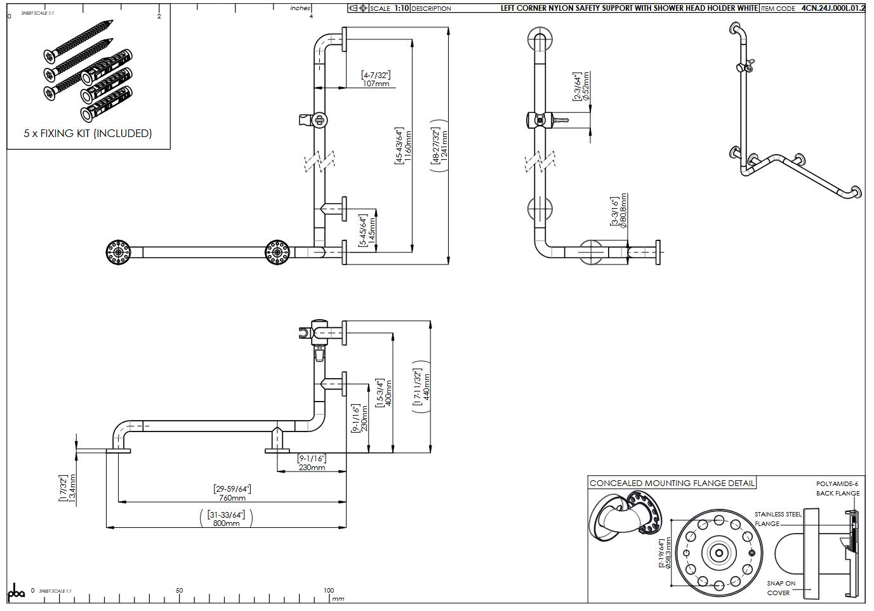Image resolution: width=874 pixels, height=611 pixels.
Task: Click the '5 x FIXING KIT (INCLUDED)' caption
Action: click(x=88, y=133)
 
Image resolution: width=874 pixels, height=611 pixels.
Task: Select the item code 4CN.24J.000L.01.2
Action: click(x=833, y=8)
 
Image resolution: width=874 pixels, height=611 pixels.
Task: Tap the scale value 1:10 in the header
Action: click(x=402, y=8)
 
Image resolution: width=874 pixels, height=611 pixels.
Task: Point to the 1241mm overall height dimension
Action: click(x=444, y=146)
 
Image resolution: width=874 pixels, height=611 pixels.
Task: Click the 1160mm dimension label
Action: click(x=408, y=146)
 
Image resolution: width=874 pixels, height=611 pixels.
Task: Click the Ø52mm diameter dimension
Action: click(x=585, y=86)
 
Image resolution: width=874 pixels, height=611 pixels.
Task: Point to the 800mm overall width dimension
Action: click(x=227, y=523)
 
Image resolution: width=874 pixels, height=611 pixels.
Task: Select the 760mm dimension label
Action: click(x=232, y=498)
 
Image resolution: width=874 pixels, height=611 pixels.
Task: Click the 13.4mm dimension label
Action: click(x=72, y=488)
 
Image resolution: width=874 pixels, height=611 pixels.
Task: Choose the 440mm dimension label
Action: click(x=427, y=386)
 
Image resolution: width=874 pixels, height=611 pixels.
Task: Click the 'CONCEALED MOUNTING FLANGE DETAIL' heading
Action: click(x=672, y=483)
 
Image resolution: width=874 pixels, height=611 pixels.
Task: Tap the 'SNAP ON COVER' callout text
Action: click(x=780, y=588)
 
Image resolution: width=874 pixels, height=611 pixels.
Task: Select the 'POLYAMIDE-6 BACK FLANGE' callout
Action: click(x=837, y=489)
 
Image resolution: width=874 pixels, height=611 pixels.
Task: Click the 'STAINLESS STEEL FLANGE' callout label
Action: click(x=777, y=519)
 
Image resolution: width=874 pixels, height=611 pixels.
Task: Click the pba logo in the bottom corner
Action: click(x=17, y=591)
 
